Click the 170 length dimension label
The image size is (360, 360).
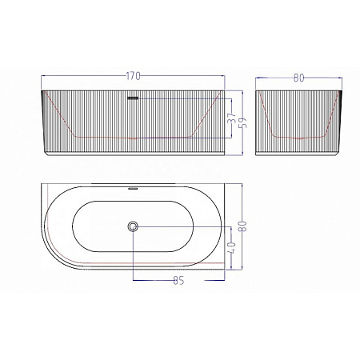click(133, 76)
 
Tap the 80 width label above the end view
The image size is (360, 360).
click(298, 78)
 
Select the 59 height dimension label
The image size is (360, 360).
click(243, 123)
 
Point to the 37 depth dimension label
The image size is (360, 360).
click(232, 118)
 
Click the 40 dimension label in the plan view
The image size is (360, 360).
click(232, 247)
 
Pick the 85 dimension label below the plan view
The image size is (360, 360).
click(178, 280)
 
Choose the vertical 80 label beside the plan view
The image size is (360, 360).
click(243, 226)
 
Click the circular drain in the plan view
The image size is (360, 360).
click(133, 226)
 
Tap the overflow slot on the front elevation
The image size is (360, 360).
click(133, 98)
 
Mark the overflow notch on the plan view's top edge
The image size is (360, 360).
click(133, 188)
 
